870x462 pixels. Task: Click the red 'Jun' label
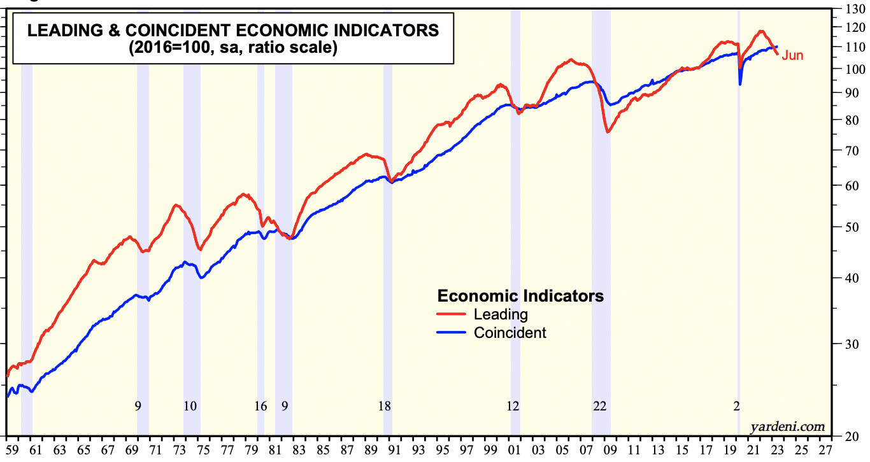tap(792, 55)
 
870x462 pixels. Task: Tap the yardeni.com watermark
tap(788, 426)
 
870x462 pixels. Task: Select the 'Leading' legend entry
tap(501, 314)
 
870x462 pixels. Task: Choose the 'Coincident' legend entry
tap(510, 332)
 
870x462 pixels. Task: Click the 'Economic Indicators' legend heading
tap(520, 296)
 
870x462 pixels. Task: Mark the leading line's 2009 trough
tap(608, 132)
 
